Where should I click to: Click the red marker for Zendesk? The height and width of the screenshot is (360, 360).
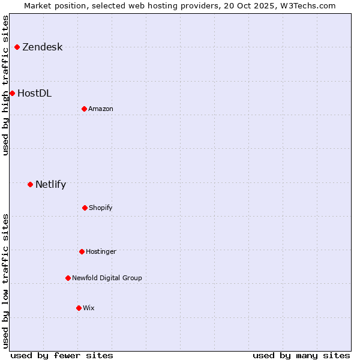(17, 47)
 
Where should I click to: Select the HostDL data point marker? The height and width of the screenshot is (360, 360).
(12, 93)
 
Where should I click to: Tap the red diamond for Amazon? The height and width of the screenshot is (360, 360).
(84, 109)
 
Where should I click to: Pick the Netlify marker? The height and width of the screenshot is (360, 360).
(30, 184)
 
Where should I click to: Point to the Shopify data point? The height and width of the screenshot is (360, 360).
(85, 208)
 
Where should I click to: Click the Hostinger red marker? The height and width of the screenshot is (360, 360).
(82, 251)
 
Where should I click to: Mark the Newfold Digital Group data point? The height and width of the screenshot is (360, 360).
(68, 278)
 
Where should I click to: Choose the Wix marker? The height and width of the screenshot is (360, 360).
(79, 308)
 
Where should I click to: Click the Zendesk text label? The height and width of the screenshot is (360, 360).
(42, 47)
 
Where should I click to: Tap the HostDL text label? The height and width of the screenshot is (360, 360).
(34, 94)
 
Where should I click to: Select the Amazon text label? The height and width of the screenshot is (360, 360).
(101, 109)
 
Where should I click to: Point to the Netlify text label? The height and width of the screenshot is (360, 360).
(50, 185)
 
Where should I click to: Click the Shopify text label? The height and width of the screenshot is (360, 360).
(101, 208)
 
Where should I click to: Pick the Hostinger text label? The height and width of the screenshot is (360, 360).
(101, 252)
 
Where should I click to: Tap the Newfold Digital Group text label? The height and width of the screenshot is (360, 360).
(107, 278)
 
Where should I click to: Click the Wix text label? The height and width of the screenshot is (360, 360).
(89, 308)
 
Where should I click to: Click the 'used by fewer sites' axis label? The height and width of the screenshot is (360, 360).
(62, 355)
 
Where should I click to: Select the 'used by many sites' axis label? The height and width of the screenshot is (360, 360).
(301, 355)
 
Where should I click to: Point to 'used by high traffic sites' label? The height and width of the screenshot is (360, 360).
(5, 85)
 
